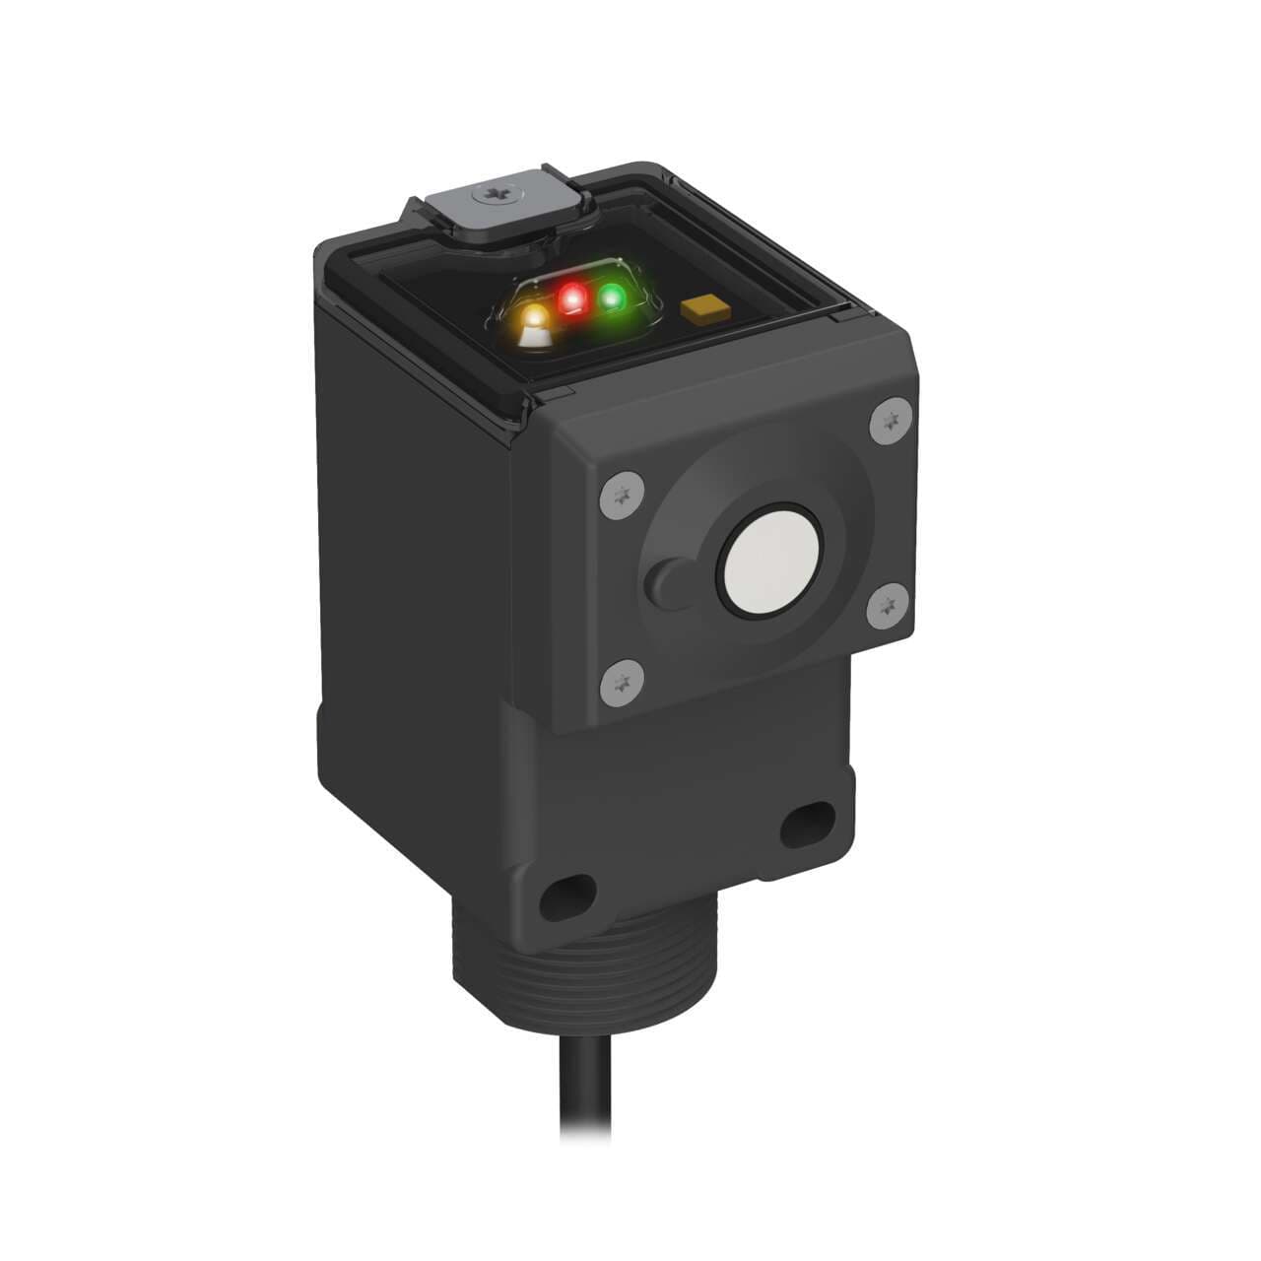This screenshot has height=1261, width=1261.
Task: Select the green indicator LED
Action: (613, 297)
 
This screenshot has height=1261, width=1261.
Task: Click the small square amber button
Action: (698, 310)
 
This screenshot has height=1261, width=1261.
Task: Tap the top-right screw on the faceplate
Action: (892, 421)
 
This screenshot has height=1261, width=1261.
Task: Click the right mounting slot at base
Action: (806, 828)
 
